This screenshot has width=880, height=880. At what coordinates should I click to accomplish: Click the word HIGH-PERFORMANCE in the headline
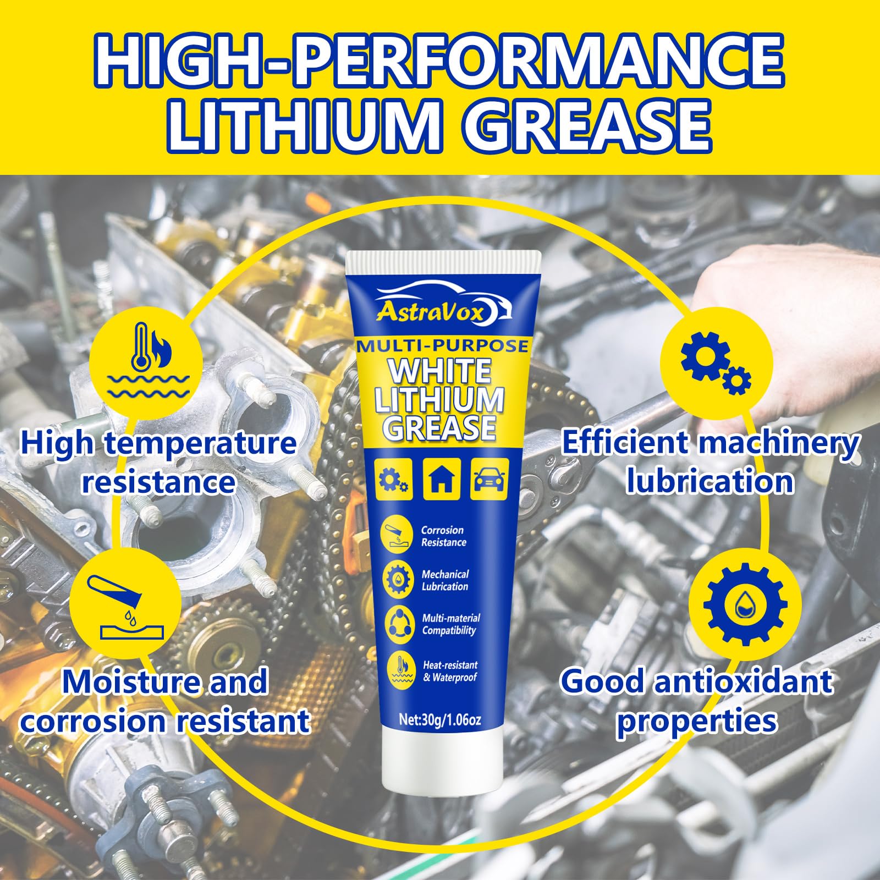pyautogui.click(x=440, y=61)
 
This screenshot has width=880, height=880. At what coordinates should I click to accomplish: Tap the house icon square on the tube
pyautogui.click(x=442, y=480)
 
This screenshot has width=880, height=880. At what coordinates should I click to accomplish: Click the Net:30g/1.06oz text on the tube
pyautogui.click(x=440, y=720)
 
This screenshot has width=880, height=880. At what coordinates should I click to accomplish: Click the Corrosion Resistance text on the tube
pyautogui.click(x=443, y=536)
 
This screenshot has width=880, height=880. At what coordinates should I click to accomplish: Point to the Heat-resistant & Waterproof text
pyautogui.click(x=449, y=671)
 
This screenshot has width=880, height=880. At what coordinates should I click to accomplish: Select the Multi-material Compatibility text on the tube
pyautogui.click(x=450, y=624)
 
